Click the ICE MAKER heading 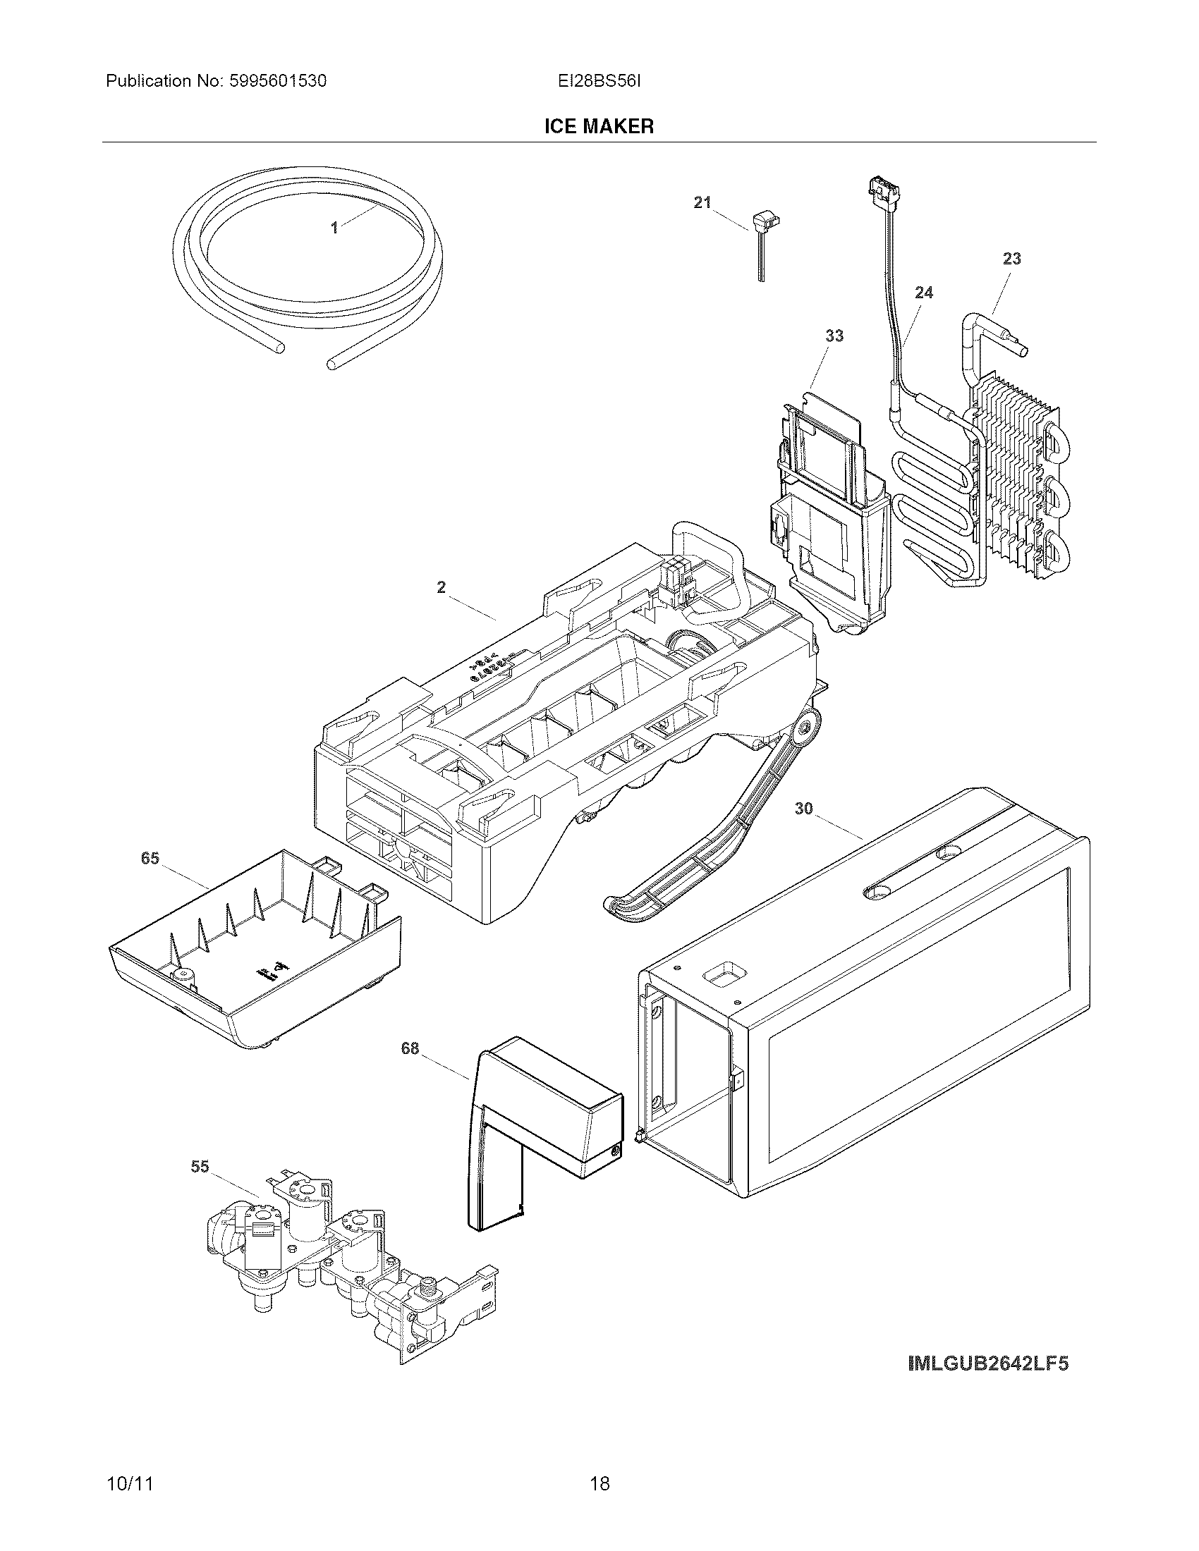coord(599,126)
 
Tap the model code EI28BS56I coord(599,81)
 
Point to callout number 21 coord(702,203)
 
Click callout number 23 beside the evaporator coord(1011,259)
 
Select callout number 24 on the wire coord(923,293)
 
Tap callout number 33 coord(834,336)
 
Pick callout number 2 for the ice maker coord(441,587)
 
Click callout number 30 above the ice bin coord(803,808)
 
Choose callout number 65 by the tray coord(150,859)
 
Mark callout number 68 coord(410,1048)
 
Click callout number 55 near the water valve coord(200,1166)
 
